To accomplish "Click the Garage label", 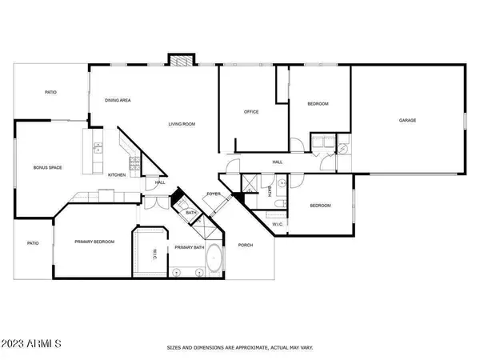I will (x=408, y=121).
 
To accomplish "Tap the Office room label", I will (x=251, y=112).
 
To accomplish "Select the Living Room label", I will (x=182, y=124).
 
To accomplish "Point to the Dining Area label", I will (x=118, y=100).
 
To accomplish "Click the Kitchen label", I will (x=117, y=174).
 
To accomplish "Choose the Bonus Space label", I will (x=47, y=167).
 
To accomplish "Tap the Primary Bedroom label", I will (x=94, y=242).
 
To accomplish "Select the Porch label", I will (x=246, y=245).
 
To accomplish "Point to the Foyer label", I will (x=214, y=194).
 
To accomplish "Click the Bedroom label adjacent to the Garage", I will (x=318, y=105).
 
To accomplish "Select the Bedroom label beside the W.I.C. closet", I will (x=320, y=206).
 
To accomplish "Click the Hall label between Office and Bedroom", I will (x=278, y=162).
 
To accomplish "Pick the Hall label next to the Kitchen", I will (x=160, y=182).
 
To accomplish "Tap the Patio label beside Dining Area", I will (x=50, y=93).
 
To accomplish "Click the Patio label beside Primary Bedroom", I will (x=33, y=243).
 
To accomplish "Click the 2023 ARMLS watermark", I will (x=33, y=343).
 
